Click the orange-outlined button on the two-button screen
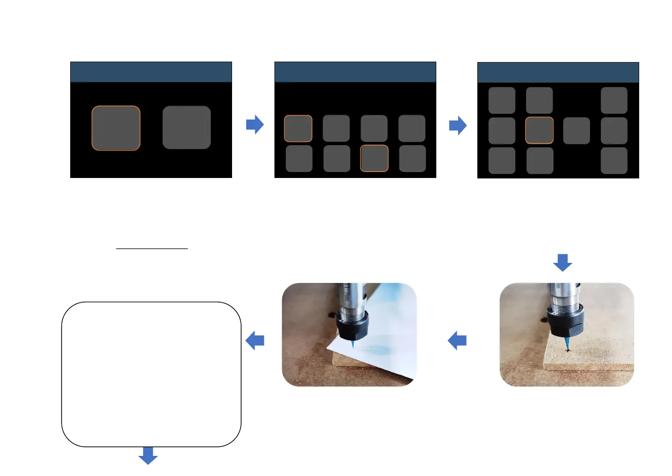tap(116, 128)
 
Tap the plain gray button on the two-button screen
tap(186, 127)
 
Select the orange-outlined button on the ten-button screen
tap(539, 131)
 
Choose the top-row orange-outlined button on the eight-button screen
tap(298, 128)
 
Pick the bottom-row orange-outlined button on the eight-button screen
tap(374, 158)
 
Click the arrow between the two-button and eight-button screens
tap(255, 124)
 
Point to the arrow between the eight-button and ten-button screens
tap(458, 126)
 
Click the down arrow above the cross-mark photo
tap(563, 262)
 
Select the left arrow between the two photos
tap(457, 340)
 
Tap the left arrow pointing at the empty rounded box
tap(255, 340)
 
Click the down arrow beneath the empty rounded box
tap(148, 455)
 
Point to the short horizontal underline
tap(152, 249)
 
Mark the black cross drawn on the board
tap(568, 350)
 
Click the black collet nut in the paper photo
tap(353, 326)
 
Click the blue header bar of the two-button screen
tap(151, 72)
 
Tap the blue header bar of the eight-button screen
tap(355, 72)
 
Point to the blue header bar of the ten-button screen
tap(558, 73)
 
